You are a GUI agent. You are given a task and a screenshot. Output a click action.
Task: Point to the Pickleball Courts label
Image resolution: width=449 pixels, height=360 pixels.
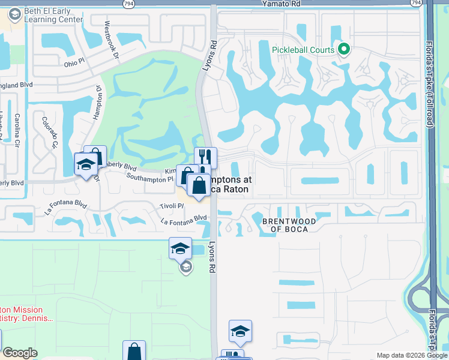point(303,50)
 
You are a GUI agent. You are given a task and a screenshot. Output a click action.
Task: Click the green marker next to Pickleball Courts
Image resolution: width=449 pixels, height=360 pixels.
point(344,49)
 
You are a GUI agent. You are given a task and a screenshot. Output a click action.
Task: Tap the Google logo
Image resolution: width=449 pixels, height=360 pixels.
point(20,353)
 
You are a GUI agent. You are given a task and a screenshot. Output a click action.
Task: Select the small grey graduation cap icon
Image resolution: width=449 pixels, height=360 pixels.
point(186,266)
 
